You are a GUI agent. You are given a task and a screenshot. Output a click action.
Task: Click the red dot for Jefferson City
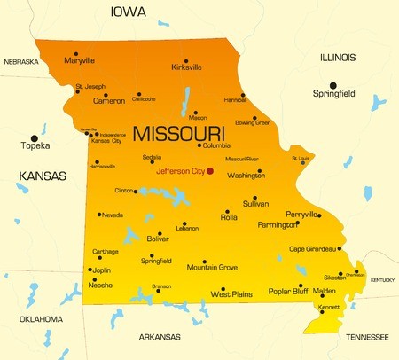pyautogui.click(x=210, y=171)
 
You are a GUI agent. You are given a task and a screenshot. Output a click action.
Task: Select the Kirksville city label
pyautogui.click(x=186, y=67)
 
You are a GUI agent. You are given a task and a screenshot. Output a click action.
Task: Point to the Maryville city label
pyautogui.click(x=80, y=60)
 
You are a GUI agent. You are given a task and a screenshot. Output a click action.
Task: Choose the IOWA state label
pyautogui.click(x=128, y=12)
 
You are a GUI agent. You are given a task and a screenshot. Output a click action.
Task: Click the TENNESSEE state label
pyautogui.click(x=367, y=337)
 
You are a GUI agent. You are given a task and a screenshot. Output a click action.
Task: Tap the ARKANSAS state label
pyautogui.click(x=160, y=337)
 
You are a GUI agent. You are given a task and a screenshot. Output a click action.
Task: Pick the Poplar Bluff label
pyautogui.click(x=286, y=291)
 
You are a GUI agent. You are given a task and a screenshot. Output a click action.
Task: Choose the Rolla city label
pyautogui.click(x=229, y=217)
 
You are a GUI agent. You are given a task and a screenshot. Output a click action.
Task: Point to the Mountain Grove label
pyautogui.click(x=212, y=267)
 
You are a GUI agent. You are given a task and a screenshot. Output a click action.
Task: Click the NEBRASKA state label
pyautogui.click(x=21, y=62)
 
